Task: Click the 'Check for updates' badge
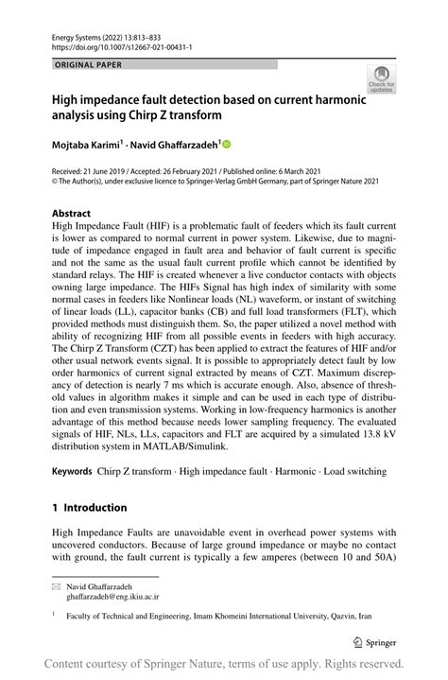coord(381,79)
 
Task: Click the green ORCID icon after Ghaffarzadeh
coord(226,144)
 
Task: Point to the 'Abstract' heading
coord(72,214)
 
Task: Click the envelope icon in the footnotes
coord(56,587)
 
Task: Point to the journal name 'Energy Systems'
coord(76,33)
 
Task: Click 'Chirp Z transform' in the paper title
coord(170,115)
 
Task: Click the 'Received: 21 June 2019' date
coord(91,170)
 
